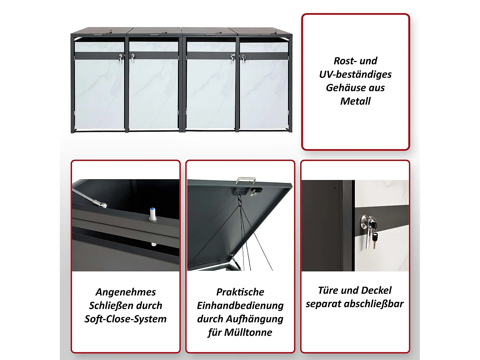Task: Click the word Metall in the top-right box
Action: (x=355, y=101)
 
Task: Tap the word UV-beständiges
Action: (x=355, y=74)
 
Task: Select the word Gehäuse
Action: (x=341, y=88)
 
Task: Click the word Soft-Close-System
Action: (x=125, y=319)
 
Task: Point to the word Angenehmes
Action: (x=125, y=292)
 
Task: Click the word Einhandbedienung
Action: (x=240, y=305)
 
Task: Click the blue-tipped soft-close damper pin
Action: (x=153, y=214)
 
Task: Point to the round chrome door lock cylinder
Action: (x=365, y=221)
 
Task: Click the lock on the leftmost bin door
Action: (x=120, y=58)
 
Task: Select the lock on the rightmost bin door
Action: (x=244, y=58)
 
